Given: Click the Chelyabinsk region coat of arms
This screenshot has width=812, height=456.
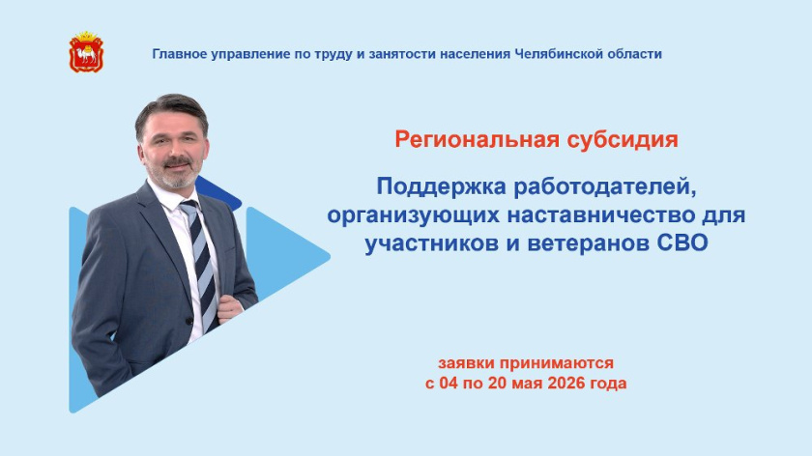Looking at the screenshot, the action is (86, 52).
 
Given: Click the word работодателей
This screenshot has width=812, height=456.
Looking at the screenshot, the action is (604, 187).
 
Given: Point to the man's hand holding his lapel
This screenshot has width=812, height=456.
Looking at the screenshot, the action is (230, 307).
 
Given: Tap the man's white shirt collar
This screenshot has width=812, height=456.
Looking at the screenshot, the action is (171, 196).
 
